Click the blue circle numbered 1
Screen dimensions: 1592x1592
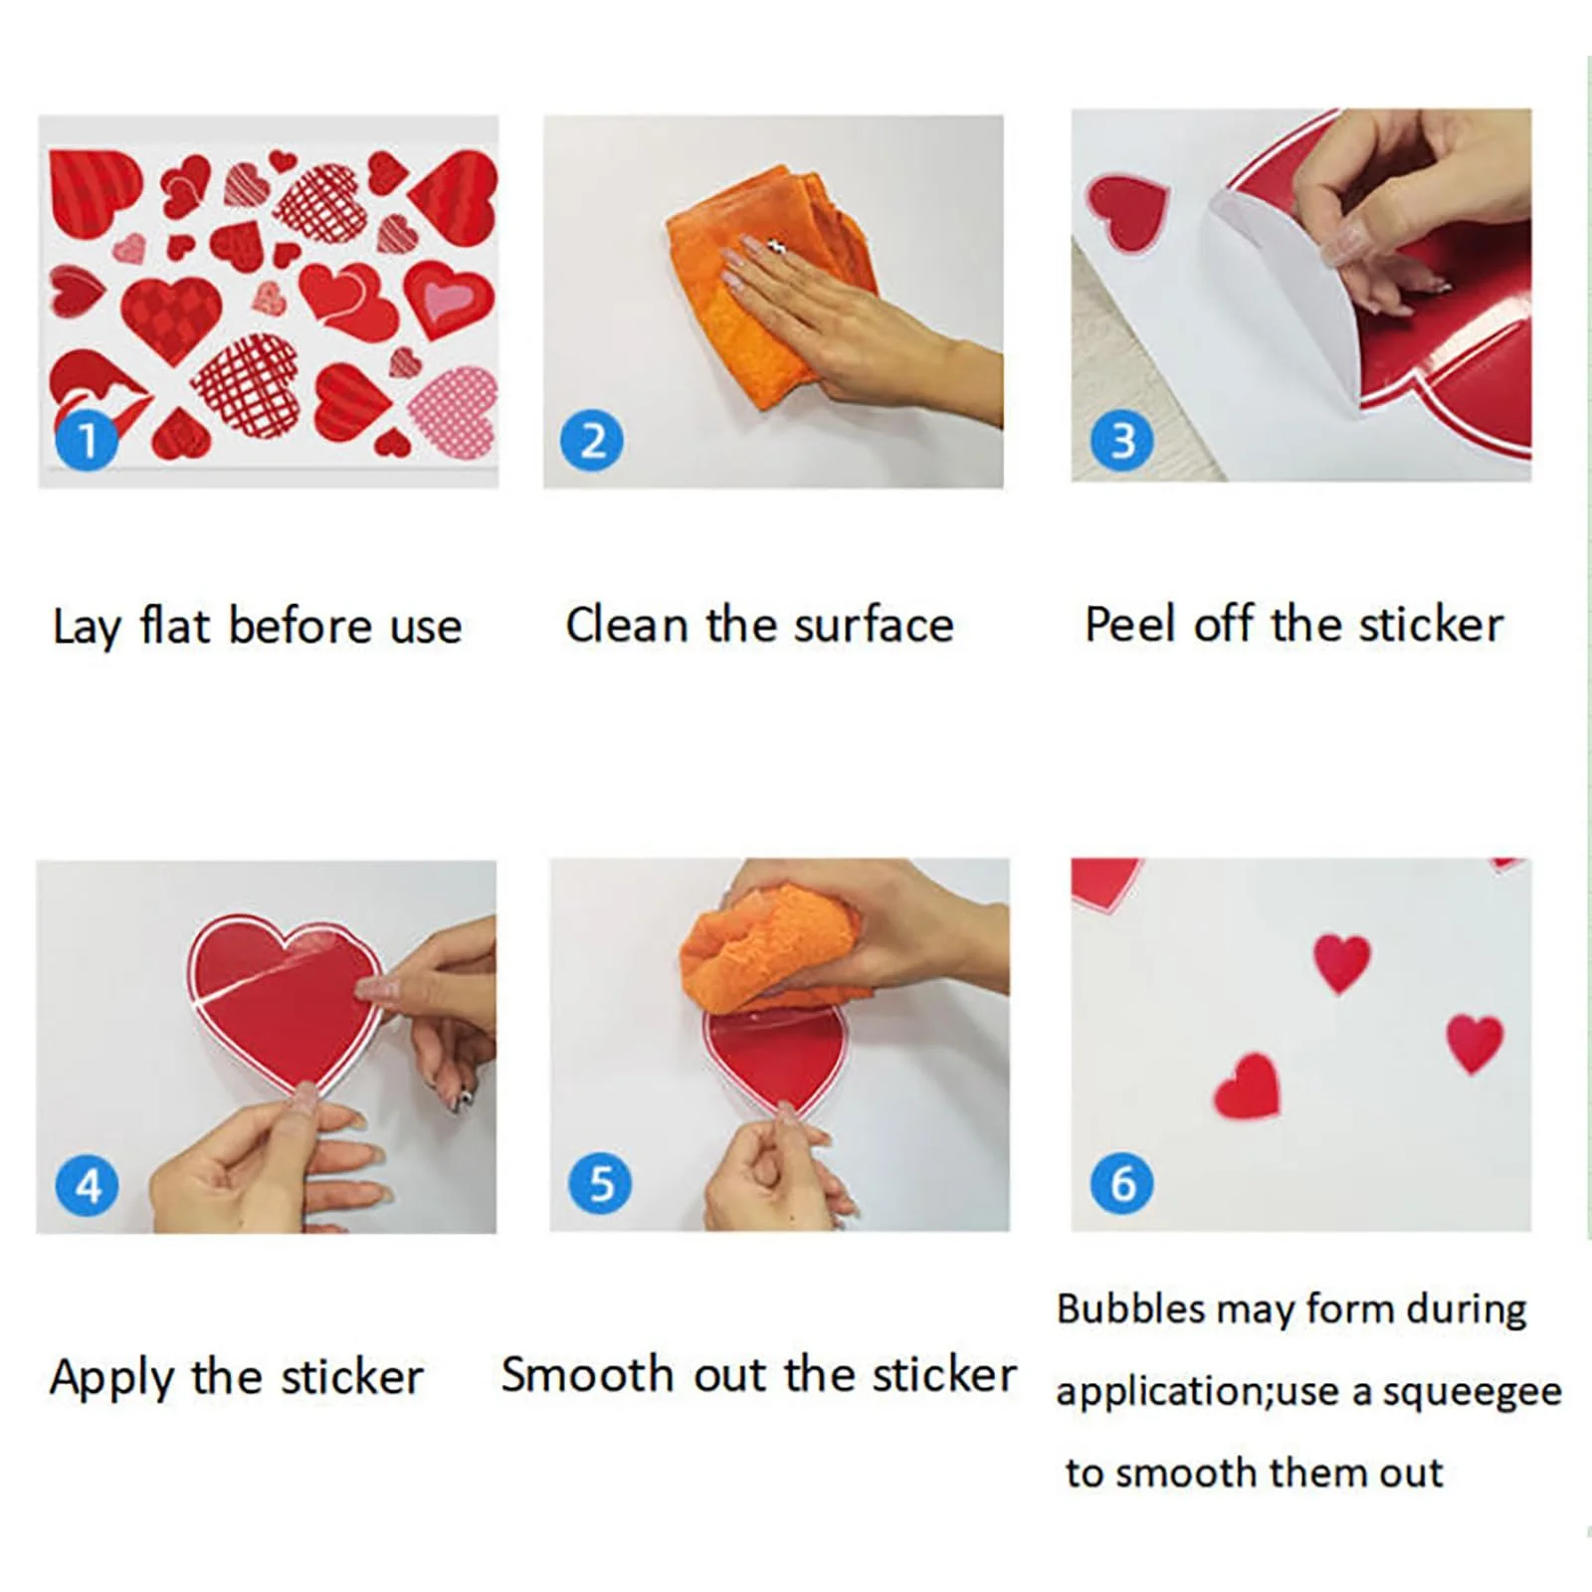(x=87, y=439)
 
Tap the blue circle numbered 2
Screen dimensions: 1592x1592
(x=592, y=440)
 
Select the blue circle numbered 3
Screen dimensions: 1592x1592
(x=1122, y=440)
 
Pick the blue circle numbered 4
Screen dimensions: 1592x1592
(x=88, y=1185)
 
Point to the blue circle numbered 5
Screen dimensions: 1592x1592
(x=600, y=1183)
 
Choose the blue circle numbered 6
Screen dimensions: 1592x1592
(x=1122, y=1183)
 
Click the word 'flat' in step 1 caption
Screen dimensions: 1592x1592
(x=174, y=625)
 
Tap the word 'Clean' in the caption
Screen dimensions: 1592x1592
(x=627, y=625)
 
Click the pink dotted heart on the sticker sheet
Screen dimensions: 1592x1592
(x=454, y=412)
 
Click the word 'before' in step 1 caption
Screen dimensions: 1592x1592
(x=300, y=626)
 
